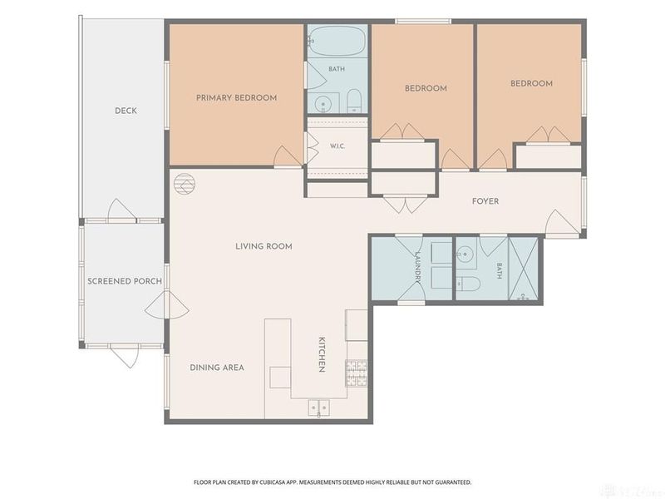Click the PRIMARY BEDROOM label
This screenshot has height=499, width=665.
(x=236, y=97)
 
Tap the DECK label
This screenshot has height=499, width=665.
(x=126, y=111)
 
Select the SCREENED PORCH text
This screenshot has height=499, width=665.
(x=125, y=281)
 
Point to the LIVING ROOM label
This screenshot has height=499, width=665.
(x=264, y=246)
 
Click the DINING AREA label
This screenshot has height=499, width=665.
(x=217, y=368)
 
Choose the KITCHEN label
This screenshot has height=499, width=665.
(x=322, y=354)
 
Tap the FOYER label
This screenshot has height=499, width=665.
(x=485, y=201)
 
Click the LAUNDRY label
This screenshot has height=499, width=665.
(x=418, y=267)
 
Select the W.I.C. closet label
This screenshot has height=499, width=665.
(x=337, y=146)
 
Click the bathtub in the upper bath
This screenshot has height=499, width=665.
(x=337, y=41)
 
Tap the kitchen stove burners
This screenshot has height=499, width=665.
(x=357, y=373)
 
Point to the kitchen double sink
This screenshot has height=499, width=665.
(x=318, y=408)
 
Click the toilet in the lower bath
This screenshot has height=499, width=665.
(x=468, y=284)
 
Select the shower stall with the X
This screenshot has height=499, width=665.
(x=524, y=269)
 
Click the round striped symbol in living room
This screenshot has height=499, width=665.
(x=185, y=184)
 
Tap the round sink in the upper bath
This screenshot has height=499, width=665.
(x=323, y=103)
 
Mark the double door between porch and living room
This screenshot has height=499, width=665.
(x=167, y=304)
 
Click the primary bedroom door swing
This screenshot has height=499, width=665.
(x=288, y=156)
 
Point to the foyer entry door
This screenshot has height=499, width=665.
(x=562, y=222)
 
